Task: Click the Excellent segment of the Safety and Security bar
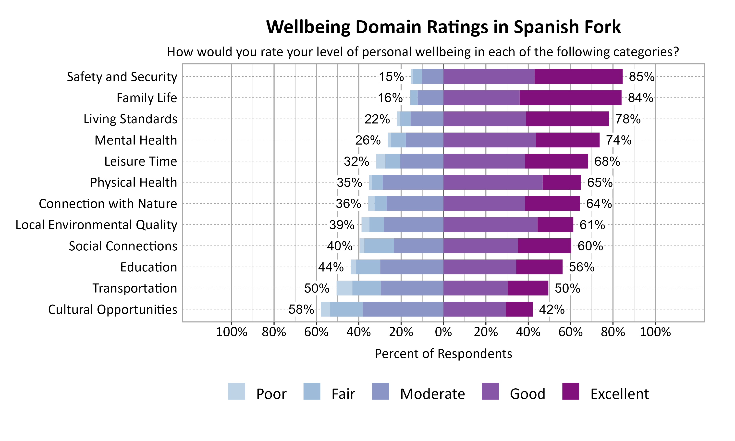coord(578,76)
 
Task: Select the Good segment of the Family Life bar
coord(481,98)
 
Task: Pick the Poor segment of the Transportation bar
coord(344,288)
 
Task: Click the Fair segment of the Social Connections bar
coord(379,246)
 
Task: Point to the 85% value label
coord(641,77)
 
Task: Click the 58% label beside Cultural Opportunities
coord(301,309)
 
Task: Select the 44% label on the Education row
coord(331,267)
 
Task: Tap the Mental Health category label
coord(135,140)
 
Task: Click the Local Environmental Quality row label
coord(96,225)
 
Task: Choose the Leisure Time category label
coord(141,161)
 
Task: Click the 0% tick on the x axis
coord(443,332)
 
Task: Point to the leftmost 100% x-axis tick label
coord(232,332)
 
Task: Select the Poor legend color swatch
coord(236,391)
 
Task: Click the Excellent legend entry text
coord(619,394)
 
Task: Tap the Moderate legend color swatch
coord(380,391)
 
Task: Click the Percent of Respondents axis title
coord(443,354)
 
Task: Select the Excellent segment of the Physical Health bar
coord(562,182)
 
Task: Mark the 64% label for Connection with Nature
coord(599,204)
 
